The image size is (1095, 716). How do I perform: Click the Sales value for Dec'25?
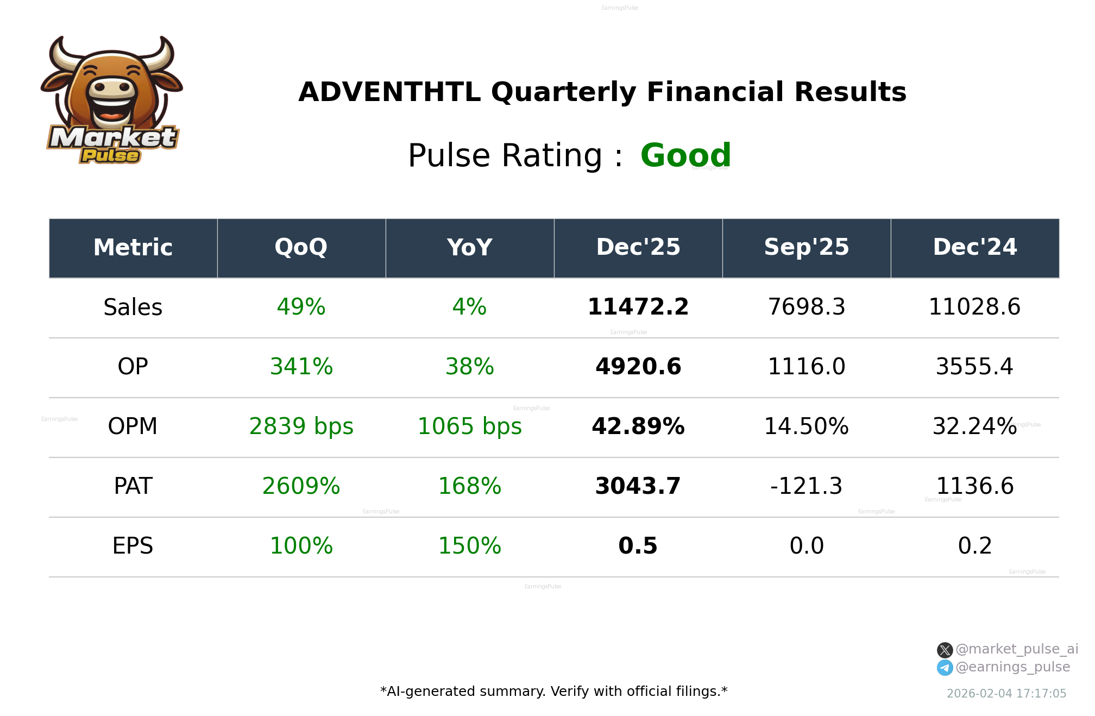638,307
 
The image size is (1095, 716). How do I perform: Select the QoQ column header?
301,247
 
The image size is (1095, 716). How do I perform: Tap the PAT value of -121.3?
806,486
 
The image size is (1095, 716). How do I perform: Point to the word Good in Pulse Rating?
685,155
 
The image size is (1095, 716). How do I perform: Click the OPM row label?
133,426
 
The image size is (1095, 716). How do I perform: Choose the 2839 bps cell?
301,426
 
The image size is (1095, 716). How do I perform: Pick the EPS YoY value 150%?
469,546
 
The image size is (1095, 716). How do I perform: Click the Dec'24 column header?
974,247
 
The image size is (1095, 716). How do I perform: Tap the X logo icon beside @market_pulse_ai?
945,650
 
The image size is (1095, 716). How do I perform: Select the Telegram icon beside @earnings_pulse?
945,668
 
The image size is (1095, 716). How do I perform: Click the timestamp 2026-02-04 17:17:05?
1006,694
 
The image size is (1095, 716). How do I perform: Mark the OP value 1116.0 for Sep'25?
806,367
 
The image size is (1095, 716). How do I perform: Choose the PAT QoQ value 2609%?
301,486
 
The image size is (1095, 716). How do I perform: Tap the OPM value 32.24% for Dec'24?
974,426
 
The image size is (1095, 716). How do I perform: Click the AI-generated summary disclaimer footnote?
553,692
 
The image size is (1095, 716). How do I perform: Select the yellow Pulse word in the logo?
110,156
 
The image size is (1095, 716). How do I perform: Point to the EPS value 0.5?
638,546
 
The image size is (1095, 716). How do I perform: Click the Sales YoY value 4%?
469,307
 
